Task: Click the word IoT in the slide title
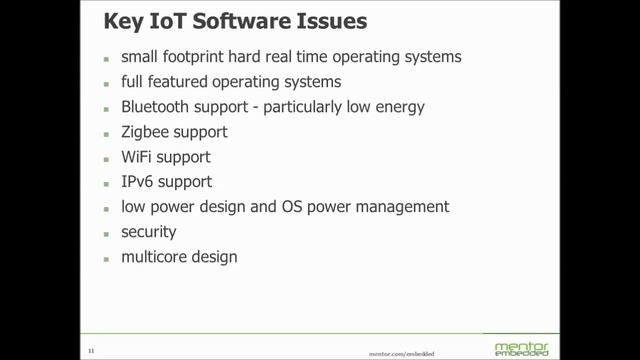coord(159,21)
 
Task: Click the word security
coord(149,232)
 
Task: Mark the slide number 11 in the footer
coord(90,350)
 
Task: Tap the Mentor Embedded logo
coord(521,348)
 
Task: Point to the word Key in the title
coord(121,21)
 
